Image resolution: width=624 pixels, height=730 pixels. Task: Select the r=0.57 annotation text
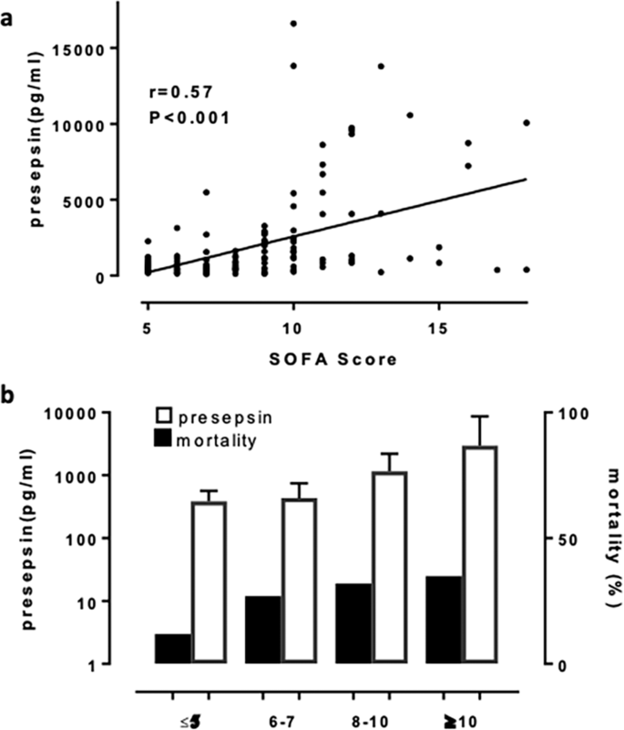click(x=179, y=91)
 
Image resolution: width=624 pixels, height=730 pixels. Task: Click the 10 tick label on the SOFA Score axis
click(x=292, y=326)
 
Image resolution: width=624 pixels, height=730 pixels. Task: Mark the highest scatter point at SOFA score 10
click(x=293, y=24)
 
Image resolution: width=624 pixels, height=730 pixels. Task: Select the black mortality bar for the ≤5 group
click(x=173, y=648)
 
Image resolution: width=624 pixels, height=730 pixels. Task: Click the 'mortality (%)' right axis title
click(x=605, y=540)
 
